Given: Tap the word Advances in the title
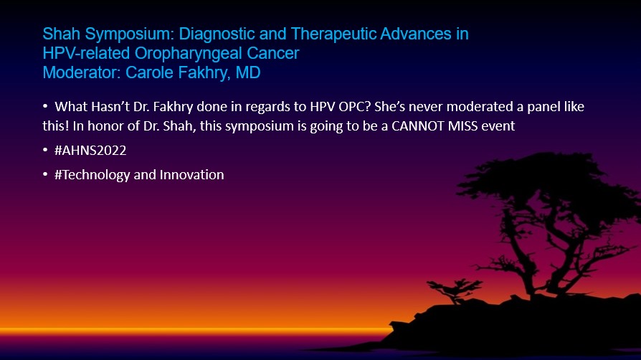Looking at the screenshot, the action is point(416,34).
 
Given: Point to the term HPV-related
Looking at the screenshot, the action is point(86,53).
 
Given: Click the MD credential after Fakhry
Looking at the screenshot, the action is point(248,72).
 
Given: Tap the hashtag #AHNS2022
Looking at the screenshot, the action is point(90,151).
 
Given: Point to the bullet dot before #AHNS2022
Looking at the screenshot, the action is point(45,150).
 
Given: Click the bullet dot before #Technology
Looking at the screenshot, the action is point(45,175).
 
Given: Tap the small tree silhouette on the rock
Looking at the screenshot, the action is point(454,290).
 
